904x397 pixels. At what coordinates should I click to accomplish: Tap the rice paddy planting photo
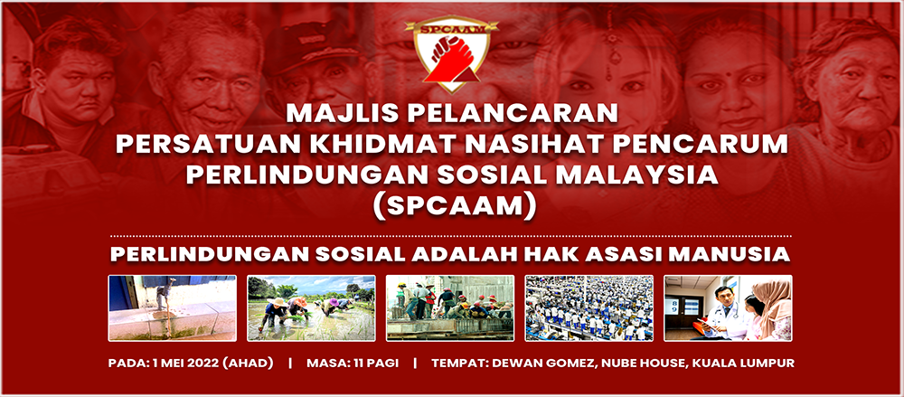click(x=311, y=307)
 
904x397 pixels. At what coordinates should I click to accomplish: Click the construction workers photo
click(x=449, y=307)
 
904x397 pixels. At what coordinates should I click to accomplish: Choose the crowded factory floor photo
click(x=589, y=307)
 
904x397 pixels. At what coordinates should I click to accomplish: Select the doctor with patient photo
click(x=728, y=307)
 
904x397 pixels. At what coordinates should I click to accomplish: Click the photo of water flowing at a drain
click(x=172, y=307)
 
